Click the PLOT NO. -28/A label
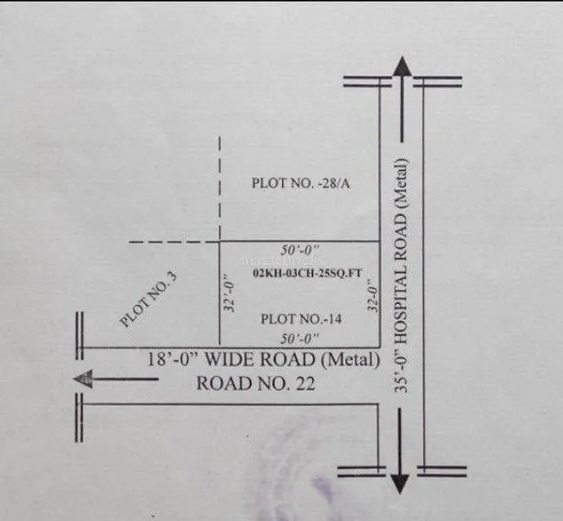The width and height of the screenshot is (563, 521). click(x=300, y=183)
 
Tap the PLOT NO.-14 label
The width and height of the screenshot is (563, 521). click(x=301, y=319)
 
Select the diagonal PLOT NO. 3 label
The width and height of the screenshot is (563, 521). click(x=148, y=299)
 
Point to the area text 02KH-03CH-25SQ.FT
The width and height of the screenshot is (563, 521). click(x=307, y=273)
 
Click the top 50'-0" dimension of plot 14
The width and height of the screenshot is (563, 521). click(x=300, y=250)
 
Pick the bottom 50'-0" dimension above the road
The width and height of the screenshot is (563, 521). click(x=299, y=339)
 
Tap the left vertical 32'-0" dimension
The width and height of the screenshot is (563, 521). click(x=229, y=293)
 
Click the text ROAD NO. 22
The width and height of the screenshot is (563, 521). click(x=256, y=384)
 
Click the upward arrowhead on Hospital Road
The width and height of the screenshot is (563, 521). click(x=402, y=66)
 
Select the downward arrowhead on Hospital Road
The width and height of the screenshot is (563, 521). click(x=400, y=484)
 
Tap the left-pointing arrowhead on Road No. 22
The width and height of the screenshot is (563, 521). click(x=83, y=379)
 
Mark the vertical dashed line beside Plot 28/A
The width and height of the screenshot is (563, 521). click(x=219, y=188)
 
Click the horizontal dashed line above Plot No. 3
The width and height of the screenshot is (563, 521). click(x=174, y=241)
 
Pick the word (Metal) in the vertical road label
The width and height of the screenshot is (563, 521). click(x=401, y=184)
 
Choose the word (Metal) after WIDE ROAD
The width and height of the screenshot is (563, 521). click(x=350, y=359)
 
